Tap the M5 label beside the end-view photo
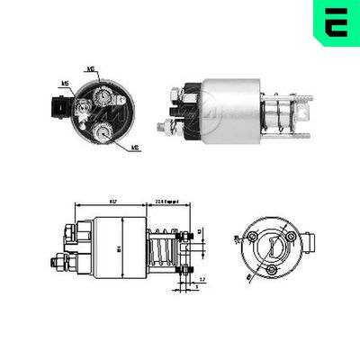coord(65,84)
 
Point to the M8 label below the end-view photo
coord(134,146)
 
